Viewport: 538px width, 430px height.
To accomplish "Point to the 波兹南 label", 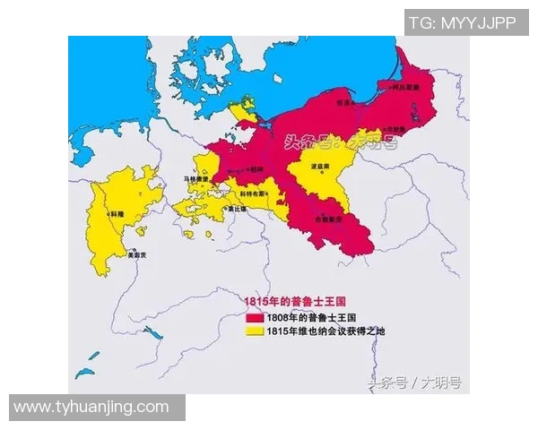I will click(323, 167).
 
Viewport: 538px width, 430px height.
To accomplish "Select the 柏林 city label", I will click(258, 169).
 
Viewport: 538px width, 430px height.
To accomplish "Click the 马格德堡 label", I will click(195, 179).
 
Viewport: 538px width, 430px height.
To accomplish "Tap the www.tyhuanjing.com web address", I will click(91, 408).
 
